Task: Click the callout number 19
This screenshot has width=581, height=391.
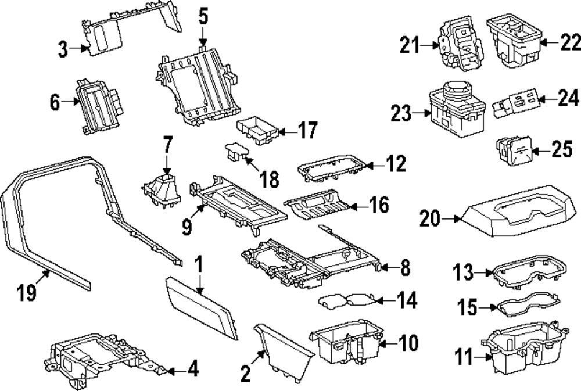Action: coord(26,293)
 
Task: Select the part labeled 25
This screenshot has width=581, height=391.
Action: coord(513,150)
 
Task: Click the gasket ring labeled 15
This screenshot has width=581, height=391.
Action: coord(526,306)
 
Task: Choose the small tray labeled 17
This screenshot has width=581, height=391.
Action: coord(257,129)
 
